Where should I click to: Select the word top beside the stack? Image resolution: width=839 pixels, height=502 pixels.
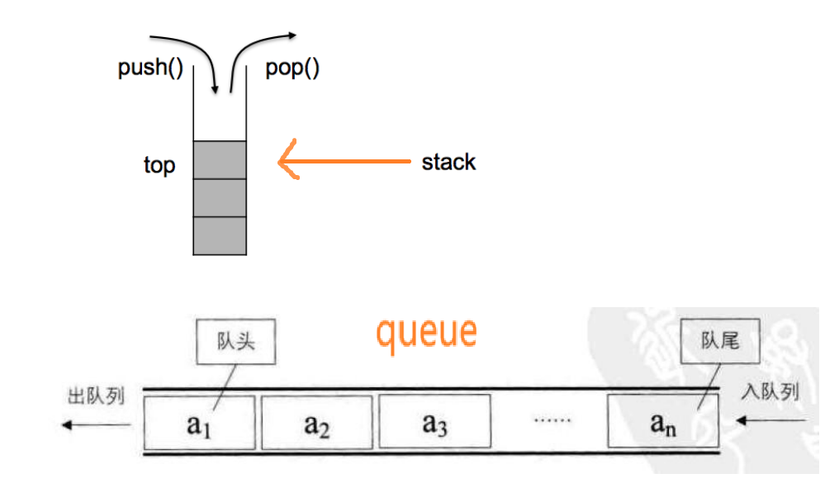point(159,165)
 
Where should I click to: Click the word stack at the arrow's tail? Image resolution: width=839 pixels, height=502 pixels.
point(448,162)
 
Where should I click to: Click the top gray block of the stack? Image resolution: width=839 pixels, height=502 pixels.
point(220,159)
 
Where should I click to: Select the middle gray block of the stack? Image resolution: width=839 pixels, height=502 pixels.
point(220,197)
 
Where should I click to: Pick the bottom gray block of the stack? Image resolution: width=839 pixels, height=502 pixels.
point(220,235)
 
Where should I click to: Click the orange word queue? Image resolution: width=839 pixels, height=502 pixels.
point(426,332)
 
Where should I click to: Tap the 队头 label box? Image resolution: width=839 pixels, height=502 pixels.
point(236,342)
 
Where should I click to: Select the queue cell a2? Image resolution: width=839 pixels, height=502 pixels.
point(317,422)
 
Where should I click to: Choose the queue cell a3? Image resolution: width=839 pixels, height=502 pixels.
point(434,422)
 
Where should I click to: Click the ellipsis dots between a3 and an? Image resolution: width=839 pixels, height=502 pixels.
point(552,420)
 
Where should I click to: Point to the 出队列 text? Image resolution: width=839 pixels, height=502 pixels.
point(96,395)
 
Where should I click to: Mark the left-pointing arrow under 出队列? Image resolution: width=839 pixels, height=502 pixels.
point(97,424)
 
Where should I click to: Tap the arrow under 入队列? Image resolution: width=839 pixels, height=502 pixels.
point(770,421)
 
